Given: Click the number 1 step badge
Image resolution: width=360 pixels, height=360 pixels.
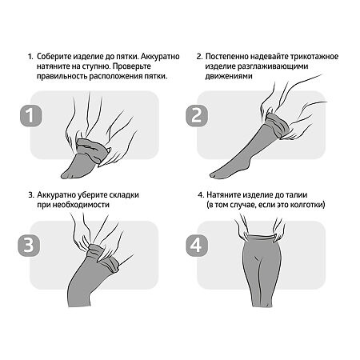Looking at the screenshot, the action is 31,116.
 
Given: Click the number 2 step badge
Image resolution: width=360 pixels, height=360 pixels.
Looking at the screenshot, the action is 197,115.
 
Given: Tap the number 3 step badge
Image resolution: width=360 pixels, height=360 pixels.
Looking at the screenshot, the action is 29,246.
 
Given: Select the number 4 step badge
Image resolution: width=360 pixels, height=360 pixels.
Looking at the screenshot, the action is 197,246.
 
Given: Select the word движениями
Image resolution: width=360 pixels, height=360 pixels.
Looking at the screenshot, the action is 229,76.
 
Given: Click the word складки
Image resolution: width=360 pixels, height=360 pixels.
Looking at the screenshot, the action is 123,195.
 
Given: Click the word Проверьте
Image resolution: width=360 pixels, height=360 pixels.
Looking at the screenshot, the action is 134,66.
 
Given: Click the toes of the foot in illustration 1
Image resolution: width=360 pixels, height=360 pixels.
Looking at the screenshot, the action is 66,175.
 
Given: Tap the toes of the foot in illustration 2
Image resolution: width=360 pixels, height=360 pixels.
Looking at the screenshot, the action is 215,174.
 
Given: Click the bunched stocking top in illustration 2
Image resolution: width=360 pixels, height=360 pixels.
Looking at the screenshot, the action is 278,126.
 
